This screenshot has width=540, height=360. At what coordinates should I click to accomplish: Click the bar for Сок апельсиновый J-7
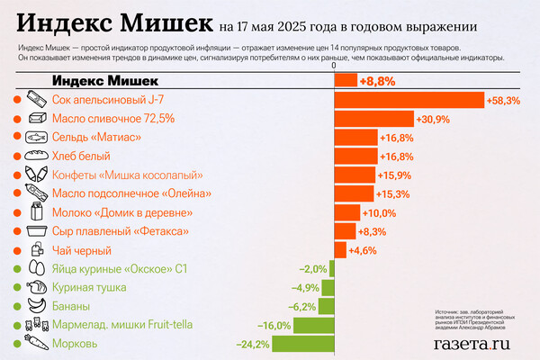click(x=409, y=100)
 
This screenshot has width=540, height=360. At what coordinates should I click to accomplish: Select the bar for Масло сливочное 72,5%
click(x=373, y=119)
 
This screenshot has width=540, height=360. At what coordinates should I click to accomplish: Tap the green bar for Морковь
click(x=302, y=344)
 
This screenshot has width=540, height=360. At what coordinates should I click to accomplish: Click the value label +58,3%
click(x=503, y=100)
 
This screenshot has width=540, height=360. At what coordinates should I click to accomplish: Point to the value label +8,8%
click(x=378, y=81)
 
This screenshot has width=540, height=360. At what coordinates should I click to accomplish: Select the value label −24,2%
click(x=252, y=344)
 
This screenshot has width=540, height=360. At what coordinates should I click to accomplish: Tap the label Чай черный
click(x=82, y=250)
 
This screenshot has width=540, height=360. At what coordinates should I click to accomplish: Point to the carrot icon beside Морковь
click(x=37, y=344)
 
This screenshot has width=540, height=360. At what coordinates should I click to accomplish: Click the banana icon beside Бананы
click(x=37, y=306)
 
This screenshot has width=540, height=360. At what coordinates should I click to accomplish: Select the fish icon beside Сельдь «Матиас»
click(x=37, y=138)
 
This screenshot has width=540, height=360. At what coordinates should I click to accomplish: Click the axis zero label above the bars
click(x=334, y=65)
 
